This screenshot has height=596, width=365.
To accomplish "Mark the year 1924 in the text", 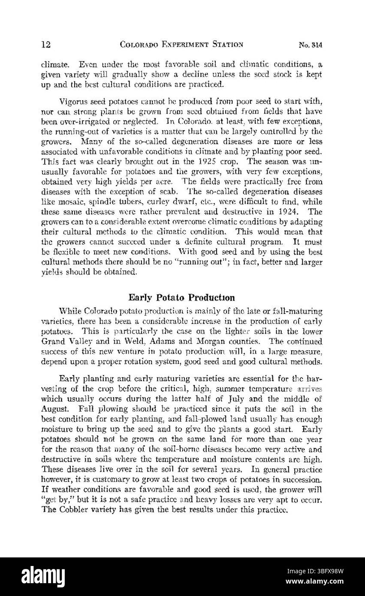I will (289, 211).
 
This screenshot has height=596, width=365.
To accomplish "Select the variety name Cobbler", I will (70, 510).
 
